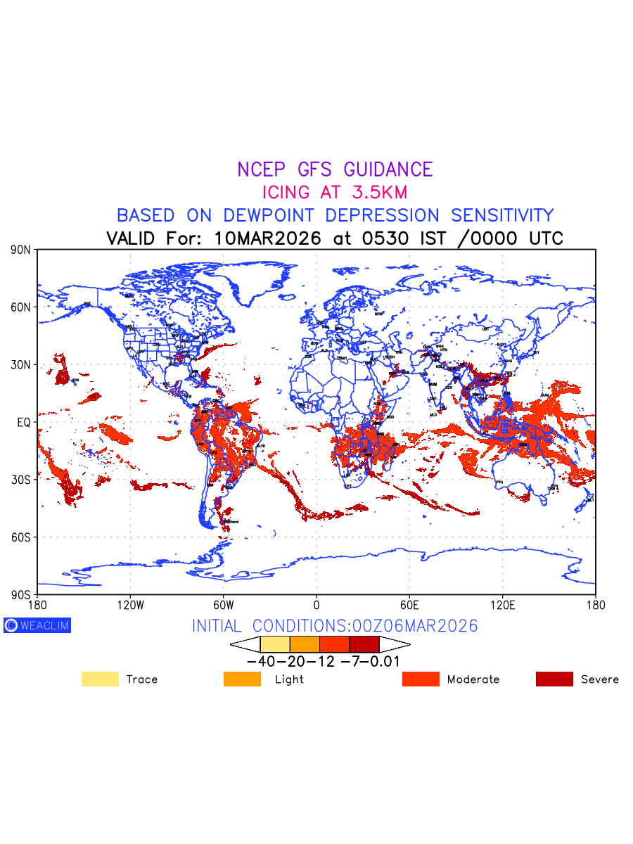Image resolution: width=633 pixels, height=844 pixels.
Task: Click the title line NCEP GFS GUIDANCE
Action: click(335, 170)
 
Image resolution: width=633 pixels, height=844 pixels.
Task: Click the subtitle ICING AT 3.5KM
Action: click(335, 192)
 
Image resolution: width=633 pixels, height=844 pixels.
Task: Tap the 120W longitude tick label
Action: click(130, 605)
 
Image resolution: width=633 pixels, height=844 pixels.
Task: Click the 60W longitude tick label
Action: click(223, 605)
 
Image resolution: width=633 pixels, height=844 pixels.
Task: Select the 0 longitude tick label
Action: click(316, 605)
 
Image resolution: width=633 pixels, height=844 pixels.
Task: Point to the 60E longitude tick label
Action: click(409, 605)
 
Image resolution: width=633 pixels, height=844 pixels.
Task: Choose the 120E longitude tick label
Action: click(502, 605)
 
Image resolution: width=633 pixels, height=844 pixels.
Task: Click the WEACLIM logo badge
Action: click(37, 625)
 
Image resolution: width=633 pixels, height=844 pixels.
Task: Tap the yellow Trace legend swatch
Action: click(100, 679)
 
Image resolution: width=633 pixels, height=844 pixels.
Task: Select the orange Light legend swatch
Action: click(242, 679)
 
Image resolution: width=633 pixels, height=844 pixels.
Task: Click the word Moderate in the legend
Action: click(473, 679)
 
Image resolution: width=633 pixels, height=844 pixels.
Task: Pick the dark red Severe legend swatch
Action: click(554, 679)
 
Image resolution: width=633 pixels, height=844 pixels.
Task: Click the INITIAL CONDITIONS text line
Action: click(335, 626)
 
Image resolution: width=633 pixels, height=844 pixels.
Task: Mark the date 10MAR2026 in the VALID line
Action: click(267, 238)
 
